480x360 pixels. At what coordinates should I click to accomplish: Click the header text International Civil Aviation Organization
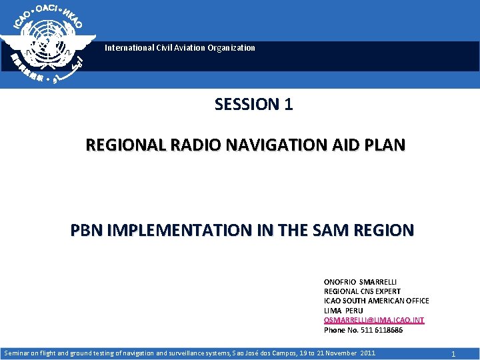(x=179, y=48)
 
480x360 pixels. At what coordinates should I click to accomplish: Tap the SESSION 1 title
(x=253, y=105)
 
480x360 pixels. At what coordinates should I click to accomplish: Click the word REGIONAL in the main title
(x=118, y=145)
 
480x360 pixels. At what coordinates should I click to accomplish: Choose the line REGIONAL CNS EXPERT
(x=362, y=291)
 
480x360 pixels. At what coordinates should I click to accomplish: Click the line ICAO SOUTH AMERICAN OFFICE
(x=376, y=301)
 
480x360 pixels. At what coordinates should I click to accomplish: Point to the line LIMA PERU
(x=343, y=311)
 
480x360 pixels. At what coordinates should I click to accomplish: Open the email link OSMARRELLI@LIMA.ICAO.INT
(x=373, y=320)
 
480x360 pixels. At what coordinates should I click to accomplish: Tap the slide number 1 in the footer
(x=453, y=353)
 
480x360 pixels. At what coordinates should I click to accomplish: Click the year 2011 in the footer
(x=366, y=353)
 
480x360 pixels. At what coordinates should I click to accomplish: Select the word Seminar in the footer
(x=18, y=353)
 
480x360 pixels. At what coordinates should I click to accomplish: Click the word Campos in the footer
(x=278, y=353)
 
